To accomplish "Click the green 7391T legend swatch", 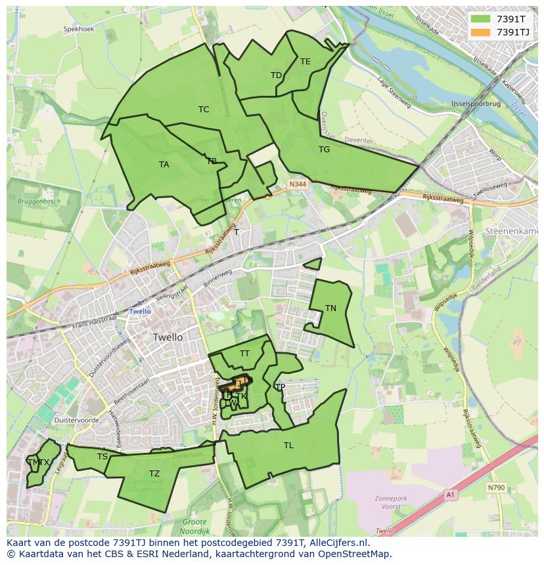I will point(481,19).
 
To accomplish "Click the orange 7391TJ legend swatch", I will point(481,31).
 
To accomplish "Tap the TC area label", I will point(204,110).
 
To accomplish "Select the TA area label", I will point(164,165).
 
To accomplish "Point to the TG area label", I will point(324,150).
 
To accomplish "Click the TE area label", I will point(306,62).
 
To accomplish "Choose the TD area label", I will point(276,75).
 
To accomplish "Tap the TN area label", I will point(330,308).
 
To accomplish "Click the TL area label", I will point(288,446).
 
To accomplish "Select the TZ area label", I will point(154,474).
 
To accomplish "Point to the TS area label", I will point(102,457).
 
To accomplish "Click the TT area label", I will point(244,354).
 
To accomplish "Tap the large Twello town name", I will point(168,337).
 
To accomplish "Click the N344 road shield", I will point(297,186).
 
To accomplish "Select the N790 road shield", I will point(496,488).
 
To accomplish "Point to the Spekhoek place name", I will point(79,30).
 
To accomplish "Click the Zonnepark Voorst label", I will point(392,503).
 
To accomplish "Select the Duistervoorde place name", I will point(78,419).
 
